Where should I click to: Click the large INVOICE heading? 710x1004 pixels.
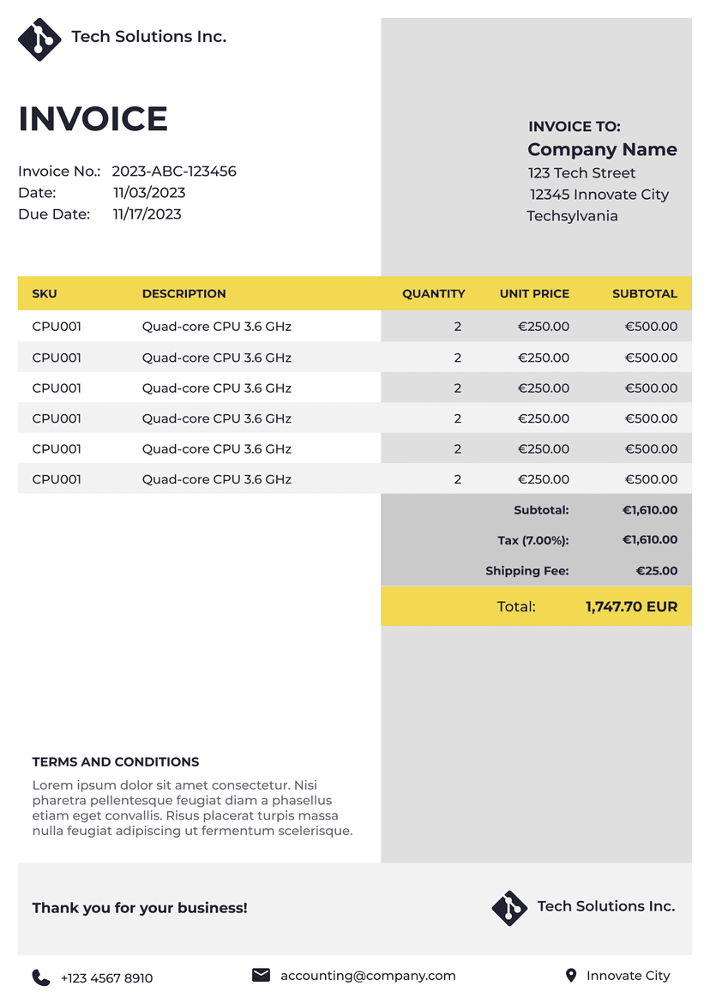tap(93, 119)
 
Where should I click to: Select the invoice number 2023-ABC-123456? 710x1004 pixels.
tap(174, 171)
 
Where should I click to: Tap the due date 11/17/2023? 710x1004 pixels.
tap(147, 214)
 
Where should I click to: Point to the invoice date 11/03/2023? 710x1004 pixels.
tap(149, 193)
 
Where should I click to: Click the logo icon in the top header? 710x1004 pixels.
tap(39, 39)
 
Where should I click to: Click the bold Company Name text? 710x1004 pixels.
tap(602, 150)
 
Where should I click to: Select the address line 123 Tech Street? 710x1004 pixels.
tap(581, 173)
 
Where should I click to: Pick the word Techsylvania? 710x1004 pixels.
tap(572, 216)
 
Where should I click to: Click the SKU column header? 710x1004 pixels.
tap(45, 293)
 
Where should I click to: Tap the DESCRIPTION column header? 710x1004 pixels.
tap(184, 293)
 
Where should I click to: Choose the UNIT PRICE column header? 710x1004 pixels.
tap(534, 293)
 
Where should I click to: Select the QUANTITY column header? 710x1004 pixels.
tap(433, 293)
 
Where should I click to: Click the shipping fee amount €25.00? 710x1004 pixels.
tap(656, 571)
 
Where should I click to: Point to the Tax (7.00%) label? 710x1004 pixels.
tap(532, 540)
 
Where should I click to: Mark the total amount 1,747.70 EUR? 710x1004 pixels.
tap(631, 607)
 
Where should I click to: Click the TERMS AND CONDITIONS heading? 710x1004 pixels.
tap(116, 762)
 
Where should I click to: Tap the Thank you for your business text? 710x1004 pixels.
tap(140, 908)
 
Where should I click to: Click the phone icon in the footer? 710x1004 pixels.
tap(40, 977)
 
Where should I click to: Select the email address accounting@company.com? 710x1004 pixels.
tap(368, 976)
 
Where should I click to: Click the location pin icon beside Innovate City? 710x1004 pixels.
tap(571, 976)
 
